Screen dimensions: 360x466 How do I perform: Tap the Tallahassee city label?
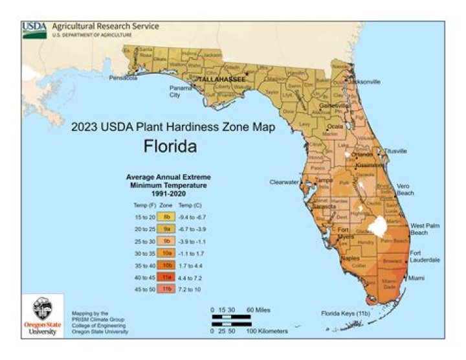coord(221,78)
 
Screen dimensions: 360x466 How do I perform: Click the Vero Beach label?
coord(405,189)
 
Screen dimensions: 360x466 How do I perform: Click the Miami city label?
coord(417,278)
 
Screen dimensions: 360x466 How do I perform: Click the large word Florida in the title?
coord(170,147)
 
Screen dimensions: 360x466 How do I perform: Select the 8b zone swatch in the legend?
coord(166,216)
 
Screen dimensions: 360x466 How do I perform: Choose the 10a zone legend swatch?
coord(166,252)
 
